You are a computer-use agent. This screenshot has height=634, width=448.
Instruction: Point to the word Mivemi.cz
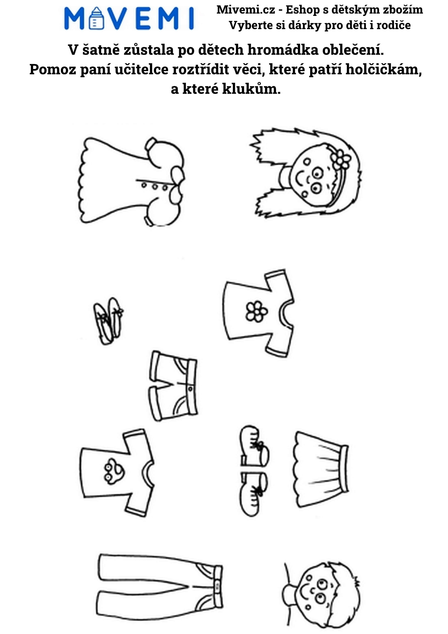click(246, 10)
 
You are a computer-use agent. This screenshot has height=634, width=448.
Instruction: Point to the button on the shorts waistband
click(190, 389)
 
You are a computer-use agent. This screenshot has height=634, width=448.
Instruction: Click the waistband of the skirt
click(345, 469)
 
